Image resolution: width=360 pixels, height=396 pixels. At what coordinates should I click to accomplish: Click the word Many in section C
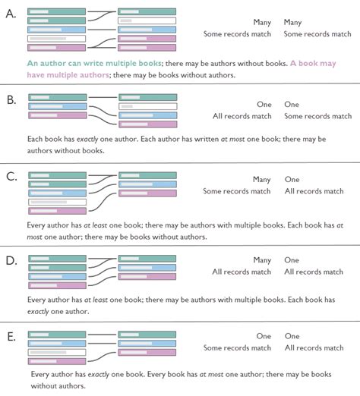(261, 180)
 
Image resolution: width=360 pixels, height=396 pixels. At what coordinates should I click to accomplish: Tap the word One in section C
(292, 180)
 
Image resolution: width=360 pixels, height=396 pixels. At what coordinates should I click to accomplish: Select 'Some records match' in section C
(237, 191)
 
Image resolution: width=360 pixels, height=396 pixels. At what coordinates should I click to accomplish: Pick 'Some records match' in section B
(317, 116)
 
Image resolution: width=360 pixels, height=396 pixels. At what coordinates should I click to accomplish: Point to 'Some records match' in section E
(237, 347)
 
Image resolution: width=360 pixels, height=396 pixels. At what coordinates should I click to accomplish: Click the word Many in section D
(261, 260)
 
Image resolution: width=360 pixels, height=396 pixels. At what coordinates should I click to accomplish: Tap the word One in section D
(292, 260)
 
